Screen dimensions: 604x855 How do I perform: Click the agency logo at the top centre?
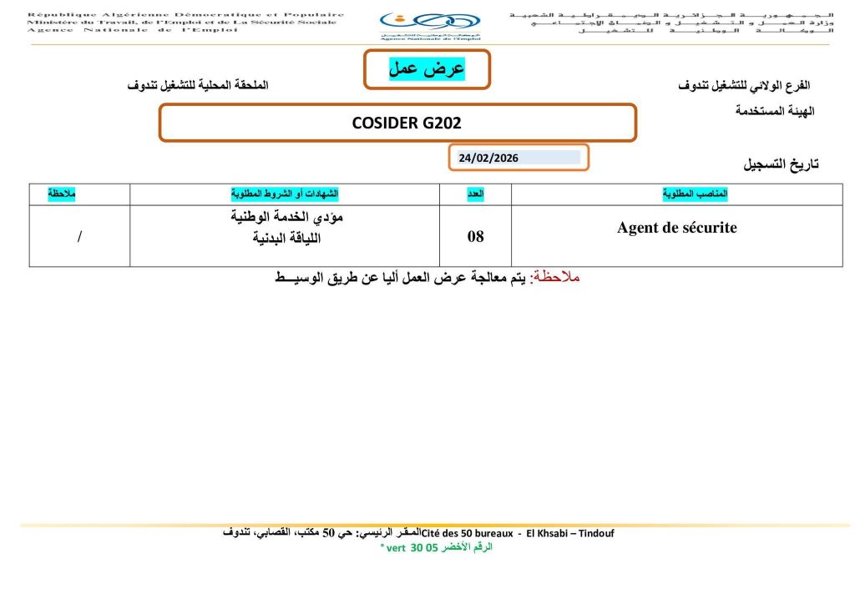(x=429, y=24)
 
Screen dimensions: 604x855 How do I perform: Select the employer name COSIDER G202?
(x=407, y=123)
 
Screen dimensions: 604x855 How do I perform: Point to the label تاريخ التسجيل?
(x=781, y=164)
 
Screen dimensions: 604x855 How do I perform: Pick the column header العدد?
(x=475, y=194)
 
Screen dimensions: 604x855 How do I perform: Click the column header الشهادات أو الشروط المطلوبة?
(x=285, y=194)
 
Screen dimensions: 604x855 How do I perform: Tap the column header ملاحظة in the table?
(x=62, y=194)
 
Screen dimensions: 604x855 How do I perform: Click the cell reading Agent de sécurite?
(x=676, y=228)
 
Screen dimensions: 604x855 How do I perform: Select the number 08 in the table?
(x=475, y=237)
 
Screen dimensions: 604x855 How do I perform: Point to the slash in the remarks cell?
(x=79, y=237)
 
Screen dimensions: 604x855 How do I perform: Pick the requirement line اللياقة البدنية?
(x=287, y=238)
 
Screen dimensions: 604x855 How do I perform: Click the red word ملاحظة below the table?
(x=556, y=277)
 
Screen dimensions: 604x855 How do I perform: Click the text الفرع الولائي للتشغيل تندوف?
(x=746, y=86)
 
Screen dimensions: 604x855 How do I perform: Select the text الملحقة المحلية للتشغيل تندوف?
(x=198, y=86)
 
